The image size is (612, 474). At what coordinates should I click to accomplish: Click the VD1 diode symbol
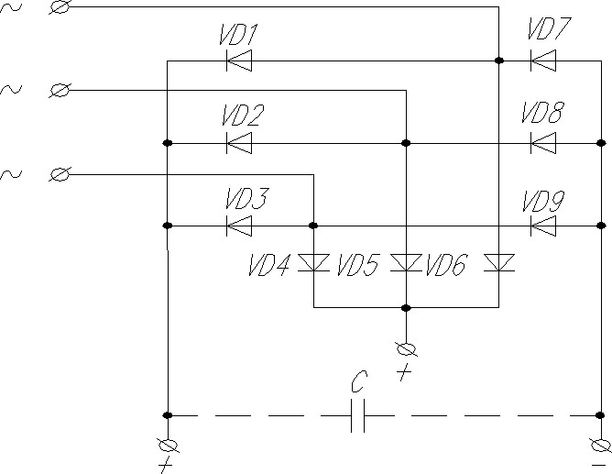pyautogui.click(x=239, y=61)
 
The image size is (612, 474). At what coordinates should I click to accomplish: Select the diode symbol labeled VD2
pyautogui.click(x=239, y=143)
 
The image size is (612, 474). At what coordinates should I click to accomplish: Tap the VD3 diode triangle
pyautogui.click(x=239, y=226)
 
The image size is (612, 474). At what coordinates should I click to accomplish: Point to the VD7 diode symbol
pyautogui.click(x=543, y=61)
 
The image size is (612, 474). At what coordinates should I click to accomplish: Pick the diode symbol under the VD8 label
pyautogui.click(x=543, y=143)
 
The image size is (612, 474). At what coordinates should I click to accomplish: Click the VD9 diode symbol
pyautogui.click(x=543, y=226)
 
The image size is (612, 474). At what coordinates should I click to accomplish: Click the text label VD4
pyautogui.click(x=269, y=265)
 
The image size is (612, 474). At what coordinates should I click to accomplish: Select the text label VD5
pyautogui.click(x=357, y=265)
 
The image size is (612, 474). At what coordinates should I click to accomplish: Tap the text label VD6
pyautogui.click(x=446, y=265)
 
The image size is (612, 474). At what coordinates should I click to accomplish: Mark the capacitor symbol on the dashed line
pyautogui.click(x=357, y=415)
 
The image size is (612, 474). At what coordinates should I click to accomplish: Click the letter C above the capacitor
pyautogui.click(x=359, y=381)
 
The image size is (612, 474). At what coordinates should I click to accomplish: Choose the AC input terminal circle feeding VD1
pyautogui.click(x=60, y=7)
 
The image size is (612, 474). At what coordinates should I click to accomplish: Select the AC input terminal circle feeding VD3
pyautogui.click(x=60, y=174)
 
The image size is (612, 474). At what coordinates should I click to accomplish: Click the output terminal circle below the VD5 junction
pyautogui.click(x=406, y=349)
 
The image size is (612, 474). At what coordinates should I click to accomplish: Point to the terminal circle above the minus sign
pyautogui.click(x=600, y=445)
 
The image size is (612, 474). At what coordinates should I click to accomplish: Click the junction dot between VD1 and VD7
pyautogui.click(x=498, y=61)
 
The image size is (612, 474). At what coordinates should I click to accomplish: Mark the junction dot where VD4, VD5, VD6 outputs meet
pyautogui.click(x=406, y=308)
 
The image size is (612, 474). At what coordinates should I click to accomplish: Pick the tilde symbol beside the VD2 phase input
pyautogui.click(x=11, y=90)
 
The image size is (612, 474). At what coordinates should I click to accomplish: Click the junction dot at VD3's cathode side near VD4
pyautogui.click(x=313, y=226)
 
